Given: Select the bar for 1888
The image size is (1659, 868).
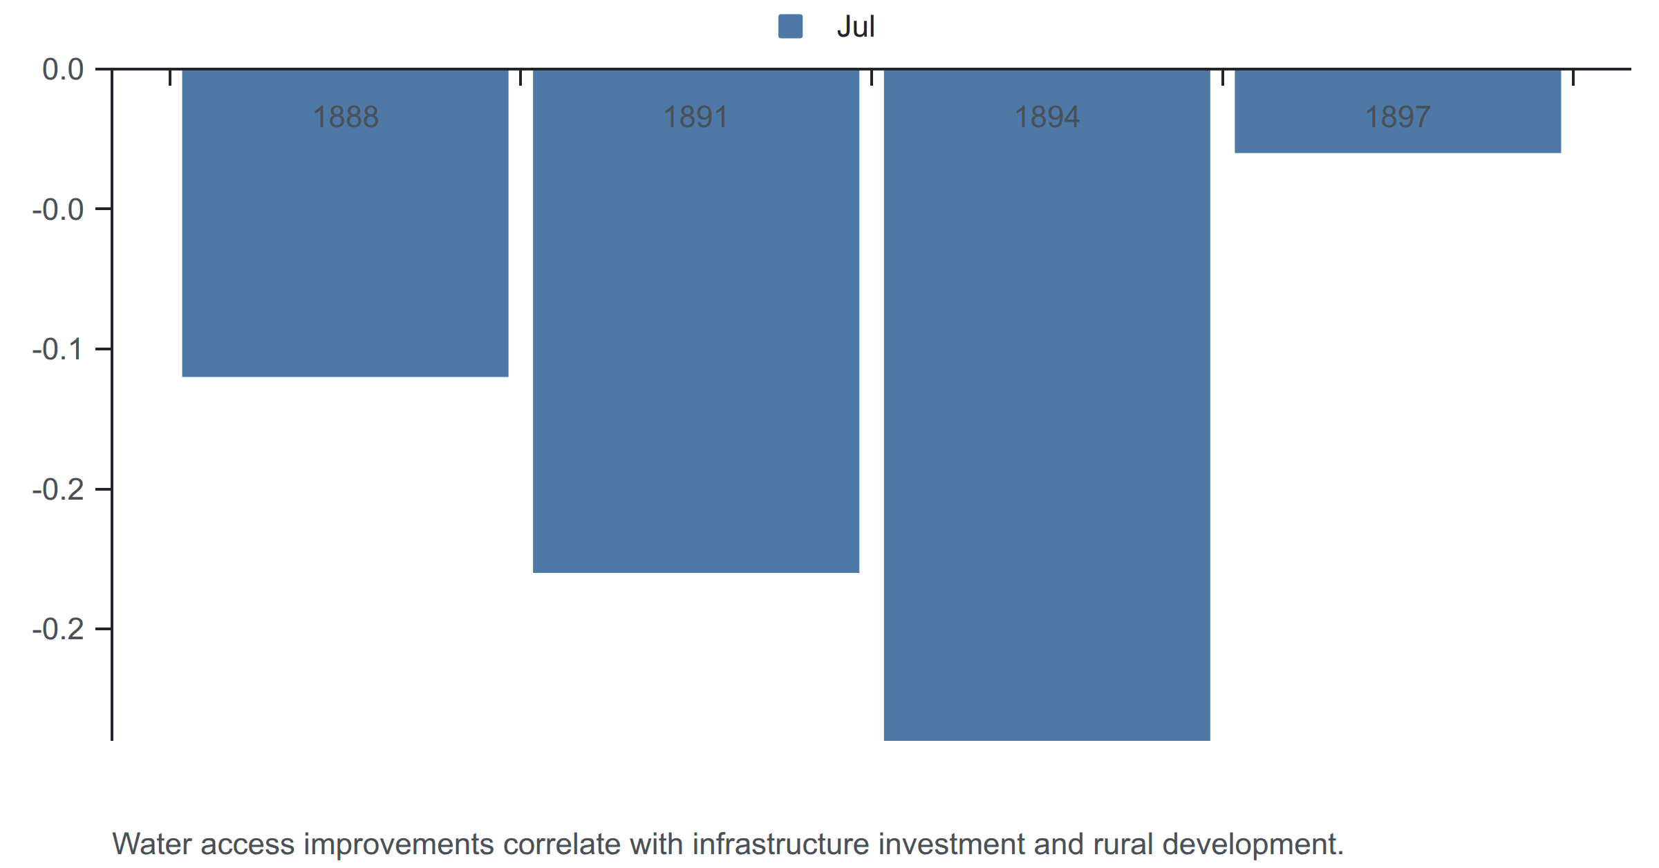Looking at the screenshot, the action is [345, 223].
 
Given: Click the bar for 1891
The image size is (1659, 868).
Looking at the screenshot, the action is [696, 321].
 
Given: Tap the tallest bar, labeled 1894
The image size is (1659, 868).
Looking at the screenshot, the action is [1047, 405].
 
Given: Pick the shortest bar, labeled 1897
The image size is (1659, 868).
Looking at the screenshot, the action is [1398, 111].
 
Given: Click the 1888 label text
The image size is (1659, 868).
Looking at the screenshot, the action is [346, 117].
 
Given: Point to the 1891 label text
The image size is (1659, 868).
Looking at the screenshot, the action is [696, 117].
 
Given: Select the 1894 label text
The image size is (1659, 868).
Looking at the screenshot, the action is [1047, 117].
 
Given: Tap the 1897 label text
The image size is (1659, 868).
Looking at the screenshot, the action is [1398, 117].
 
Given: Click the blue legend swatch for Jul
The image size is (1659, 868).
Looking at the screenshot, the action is [790, 26].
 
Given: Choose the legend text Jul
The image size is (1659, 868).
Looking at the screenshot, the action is [856, 26].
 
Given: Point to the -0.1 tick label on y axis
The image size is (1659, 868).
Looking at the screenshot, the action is [58, 349].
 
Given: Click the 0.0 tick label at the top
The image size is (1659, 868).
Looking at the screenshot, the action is [63, 69].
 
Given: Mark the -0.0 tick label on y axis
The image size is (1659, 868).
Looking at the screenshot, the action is [58, 209].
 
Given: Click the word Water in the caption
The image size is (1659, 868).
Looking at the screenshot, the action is [152, 844].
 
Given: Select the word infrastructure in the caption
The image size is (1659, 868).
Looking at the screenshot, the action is [780, 844].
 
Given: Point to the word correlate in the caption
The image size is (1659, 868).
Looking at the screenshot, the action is [561, 844].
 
